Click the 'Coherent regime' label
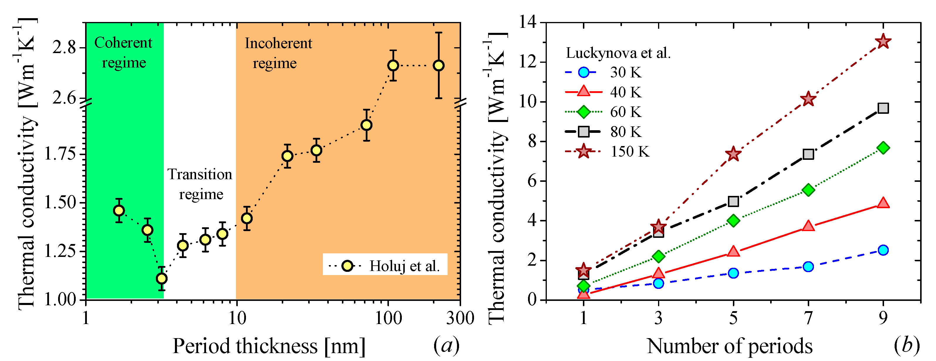123,53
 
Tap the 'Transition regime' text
200,184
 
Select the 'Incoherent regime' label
278,53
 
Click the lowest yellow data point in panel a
162,279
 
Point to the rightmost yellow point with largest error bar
439,65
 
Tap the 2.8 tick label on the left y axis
64,47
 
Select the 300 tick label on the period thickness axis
460,318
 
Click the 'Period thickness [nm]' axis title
269,346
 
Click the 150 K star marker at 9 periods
883,42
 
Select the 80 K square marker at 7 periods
808,154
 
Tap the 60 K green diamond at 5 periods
733,221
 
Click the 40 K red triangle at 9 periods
883,203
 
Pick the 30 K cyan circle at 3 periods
658,283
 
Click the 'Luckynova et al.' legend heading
618,53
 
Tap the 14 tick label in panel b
528,23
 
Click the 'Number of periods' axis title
730,346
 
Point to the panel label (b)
907,345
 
